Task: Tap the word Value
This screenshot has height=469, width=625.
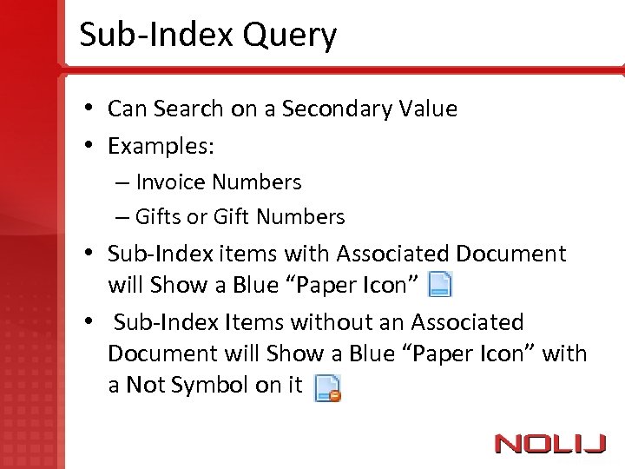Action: tap(429, 109)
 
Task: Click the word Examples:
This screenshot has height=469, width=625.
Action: tap(161, 146)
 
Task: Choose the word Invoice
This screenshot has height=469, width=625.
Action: tap(171, 182)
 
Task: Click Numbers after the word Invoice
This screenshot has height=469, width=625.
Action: tap(257, 182)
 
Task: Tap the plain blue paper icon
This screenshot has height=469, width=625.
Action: tap(441, 284)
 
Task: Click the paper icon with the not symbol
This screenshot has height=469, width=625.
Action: tap(326, 387)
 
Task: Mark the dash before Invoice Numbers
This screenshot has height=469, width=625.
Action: tap(121, 182)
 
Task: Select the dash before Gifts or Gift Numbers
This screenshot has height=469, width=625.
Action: tap(121, 217)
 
